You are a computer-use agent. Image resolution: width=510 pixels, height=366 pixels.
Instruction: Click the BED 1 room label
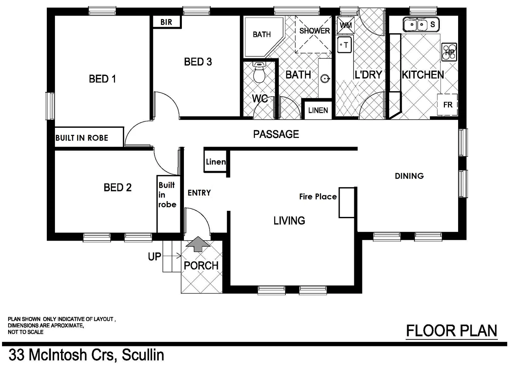tap(102, 79)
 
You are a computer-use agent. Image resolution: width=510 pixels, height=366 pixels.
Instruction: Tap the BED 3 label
tap(198, 62)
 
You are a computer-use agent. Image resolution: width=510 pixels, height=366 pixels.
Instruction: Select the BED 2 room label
tap(117, 187)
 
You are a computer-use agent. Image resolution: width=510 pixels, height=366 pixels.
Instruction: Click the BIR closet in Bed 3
tap(166, 22)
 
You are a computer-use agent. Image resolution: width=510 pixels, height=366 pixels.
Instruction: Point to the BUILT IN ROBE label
tap(82, 138)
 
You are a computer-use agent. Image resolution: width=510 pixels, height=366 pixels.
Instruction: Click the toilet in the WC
tap(259, 73)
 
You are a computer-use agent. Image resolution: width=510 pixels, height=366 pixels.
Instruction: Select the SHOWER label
tap(314, 31)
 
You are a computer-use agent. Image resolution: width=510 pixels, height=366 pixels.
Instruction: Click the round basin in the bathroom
tap(325, 79)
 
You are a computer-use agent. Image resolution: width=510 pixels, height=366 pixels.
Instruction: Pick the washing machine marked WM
tap(345, 25)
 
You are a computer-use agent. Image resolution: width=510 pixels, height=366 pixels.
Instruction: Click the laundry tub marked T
tap(345, 45)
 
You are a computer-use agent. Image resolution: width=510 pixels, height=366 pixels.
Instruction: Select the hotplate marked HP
tap(449, 52)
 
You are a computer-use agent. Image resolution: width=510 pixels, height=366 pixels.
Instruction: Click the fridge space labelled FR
tap(448, 105)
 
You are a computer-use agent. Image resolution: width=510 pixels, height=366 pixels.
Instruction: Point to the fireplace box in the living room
tap(346, 203)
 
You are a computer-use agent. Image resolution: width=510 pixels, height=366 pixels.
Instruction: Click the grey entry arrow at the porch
tap(198, 244)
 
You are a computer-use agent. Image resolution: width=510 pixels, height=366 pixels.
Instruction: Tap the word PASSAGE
tap(276, 134)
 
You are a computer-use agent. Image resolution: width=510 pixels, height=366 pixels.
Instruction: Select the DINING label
tap(409, 176)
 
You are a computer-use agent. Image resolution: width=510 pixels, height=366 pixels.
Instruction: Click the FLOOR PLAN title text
tap(451, 331)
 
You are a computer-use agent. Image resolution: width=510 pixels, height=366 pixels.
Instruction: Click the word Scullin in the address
tap(143, 355)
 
